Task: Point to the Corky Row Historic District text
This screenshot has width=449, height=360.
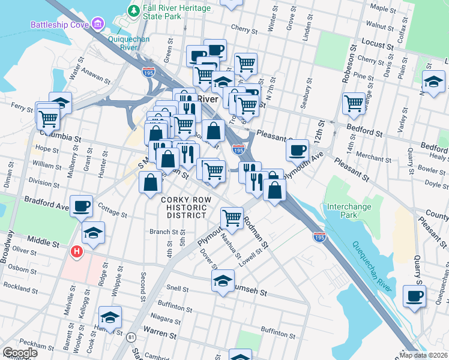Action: tap(187, 207)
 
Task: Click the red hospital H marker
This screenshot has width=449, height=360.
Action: tap(77, 252)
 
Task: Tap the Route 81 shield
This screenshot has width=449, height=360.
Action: tap(131, 337)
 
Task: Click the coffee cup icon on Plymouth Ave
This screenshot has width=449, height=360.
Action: tap(297, 150)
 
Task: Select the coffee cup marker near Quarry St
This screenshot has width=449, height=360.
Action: tap(414, 296)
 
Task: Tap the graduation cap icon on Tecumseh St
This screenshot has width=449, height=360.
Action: tap(223, 281)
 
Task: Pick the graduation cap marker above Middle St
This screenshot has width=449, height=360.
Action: tap(94, 233)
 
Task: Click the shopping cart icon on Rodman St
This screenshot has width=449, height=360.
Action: tap(232, 217)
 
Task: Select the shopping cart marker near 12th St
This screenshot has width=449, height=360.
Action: tap(354, 103)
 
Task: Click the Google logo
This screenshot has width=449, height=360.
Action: tap(20, 353)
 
